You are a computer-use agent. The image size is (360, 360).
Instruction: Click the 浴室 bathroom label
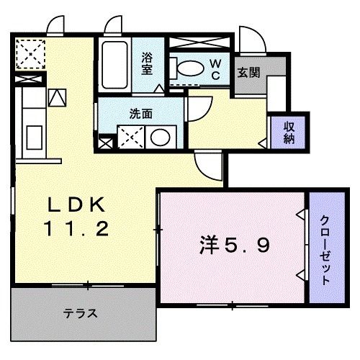tap(148, 64)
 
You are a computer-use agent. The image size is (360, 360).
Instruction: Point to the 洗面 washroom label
tap(140, 113)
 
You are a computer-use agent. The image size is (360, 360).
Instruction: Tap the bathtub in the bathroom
tap(114, 66)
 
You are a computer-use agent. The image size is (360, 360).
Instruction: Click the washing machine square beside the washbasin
tap(130, 136)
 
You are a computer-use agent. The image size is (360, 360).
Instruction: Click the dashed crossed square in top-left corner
tap(31, 53)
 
